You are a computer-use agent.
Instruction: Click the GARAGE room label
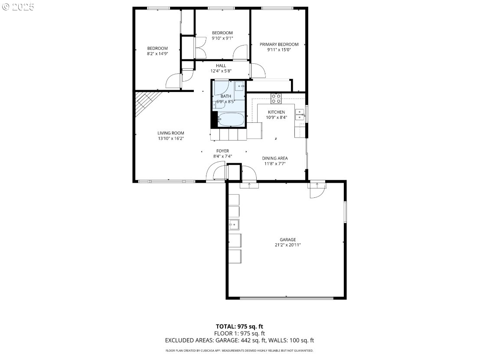[x=287, y=240]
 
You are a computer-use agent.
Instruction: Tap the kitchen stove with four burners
[x=276, y=98]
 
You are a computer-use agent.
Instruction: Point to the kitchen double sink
[x=300, y=115]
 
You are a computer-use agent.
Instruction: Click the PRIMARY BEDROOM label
[x=279, y=44]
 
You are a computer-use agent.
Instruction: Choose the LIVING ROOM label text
[x=171, y=133]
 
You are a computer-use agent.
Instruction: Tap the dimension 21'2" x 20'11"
[x=287, y=245]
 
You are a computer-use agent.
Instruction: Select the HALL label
[x=221, y=65]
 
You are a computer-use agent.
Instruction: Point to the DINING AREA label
[x=274, y=158]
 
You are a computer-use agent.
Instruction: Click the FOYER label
[x=222, y=151]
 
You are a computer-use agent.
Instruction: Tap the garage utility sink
[x=234, y=224]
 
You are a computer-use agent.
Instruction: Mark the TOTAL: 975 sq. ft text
[x=239, y=327]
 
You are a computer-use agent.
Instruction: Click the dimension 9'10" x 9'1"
[x=222, y=38]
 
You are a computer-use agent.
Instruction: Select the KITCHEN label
[x=277, y=112]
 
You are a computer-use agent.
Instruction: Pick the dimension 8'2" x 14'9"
[x=157, y=54]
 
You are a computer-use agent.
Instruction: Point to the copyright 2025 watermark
[x=18, y=7]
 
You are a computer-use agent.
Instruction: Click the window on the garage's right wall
[x=345, y=212]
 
